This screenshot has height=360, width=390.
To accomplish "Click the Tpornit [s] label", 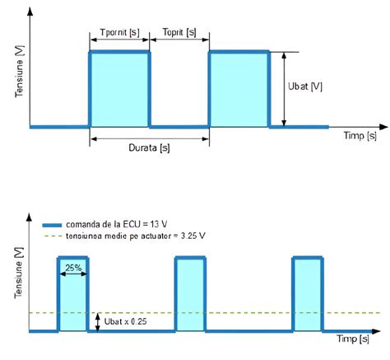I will (120, 31).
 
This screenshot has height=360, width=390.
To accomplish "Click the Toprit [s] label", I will (179, 31).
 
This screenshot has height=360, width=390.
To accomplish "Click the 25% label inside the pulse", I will (72, 267).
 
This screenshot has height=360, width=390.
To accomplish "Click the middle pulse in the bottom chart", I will (190, 294).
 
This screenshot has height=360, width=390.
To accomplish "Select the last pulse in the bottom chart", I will (307, 294).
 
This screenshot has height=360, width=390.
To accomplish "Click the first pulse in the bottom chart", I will (72, 297).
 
